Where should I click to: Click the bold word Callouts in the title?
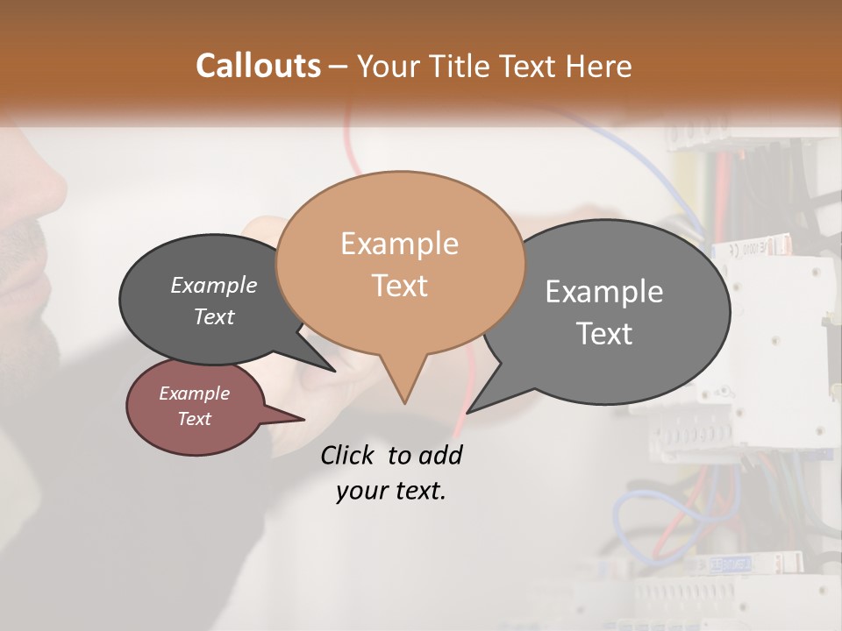click(258, 66)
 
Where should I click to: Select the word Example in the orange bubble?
click(399, 243)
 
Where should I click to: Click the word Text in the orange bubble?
click(399, 285)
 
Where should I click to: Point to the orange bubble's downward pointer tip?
click(404, 402)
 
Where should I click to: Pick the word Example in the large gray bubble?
click(604, 292)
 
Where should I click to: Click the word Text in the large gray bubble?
click(604, 334)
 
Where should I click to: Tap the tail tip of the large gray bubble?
click(467, 412)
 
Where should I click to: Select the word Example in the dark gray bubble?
click(214, 285)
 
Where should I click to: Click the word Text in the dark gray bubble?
click(214, 316)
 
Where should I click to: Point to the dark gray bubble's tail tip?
click(334, 371)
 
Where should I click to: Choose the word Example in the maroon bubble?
click(195, 393)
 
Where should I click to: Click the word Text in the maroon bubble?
click(195, 419)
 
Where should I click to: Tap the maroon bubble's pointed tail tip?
click(304, 419)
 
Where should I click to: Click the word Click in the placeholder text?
click(348, 455)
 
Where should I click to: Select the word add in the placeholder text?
click(440, 455)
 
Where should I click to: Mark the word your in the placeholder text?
click(361, 491)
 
